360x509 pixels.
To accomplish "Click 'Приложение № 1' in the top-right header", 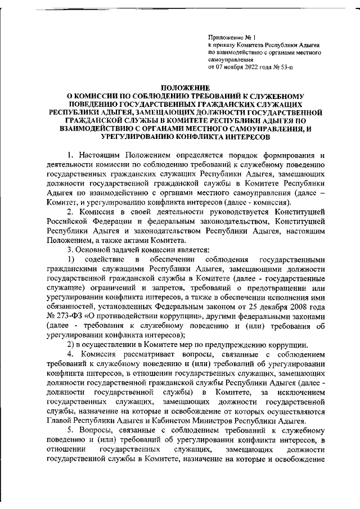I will tap(228, 37).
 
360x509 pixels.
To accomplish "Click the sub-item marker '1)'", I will tap(71, 259).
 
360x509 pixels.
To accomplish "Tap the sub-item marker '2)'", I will tap(71, 344).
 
